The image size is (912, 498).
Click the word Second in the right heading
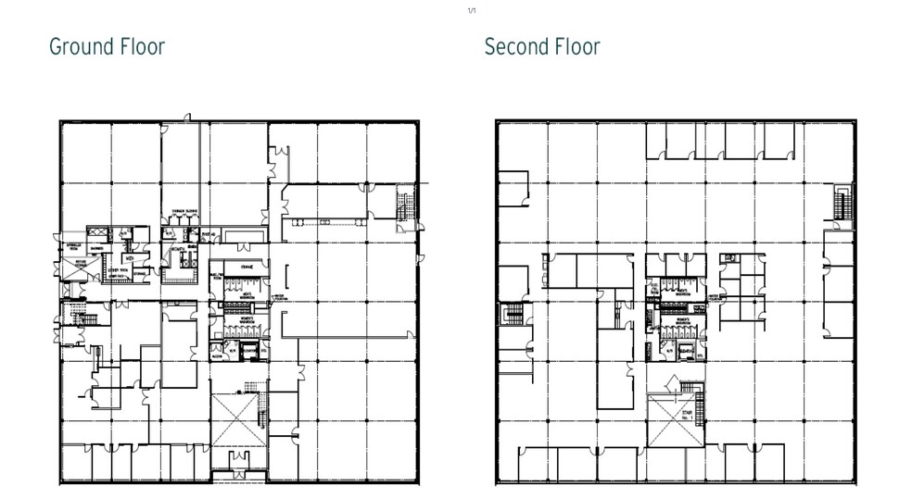[x=516, y=46]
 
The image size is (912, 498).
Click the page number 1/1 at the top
[x=471, y=10]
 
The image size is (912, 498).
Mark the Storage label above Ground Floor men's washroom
[x=246, y=268]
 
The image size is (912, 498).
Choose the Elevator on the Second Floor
[x=686, y=351]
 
